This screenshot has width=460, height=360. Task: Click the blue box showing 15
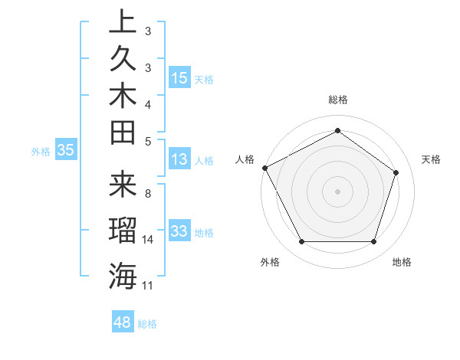(179, 78)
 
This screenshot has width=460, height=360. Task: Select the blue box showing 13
(179, 159)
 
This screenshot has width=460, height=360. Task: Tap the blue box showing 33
(179, 231)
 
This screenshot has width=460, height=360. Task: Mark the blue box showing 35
(66, 150)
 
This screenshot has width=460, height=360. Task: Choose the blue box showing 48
(122, 322)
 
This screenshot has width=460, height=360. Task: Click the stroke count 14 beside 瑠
(148, 240)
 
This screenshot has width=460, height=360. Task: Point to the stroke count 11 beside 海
(148, 285)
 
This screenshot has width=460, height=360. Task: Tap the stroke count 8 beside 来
(148, 194)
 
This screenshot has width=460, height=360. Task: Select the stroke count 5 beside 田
(148, 140)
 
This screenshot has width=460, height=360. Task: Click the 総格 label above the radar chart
(338, 100)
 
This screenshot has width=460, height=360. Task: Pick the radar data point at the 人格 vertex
(264, 167)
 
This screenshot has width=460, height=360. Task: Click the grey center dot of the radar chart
(338, 191)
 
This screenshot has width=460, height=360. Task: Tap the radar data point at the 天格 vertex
(396, 172)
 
